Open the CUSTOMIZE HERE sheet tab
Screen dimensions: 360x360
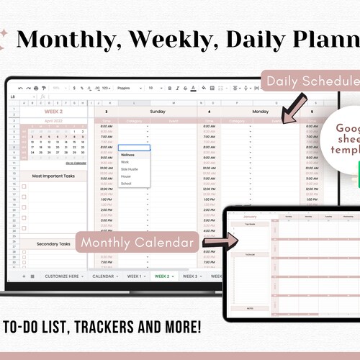64,276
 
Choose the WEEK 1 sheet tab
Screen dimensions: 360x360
134,276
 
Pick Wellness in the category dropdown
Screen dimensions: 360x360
127,155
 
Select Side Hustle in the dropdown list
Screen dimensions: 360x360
130,169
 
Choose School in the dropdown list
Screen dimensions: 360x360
126,183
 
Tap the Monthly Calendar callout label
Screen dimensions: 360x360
138,243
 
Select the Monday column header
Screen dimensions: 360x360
261,112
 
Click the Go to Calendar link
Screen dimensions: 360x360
75,163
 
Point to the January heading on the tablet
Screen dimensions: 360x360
249,216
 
